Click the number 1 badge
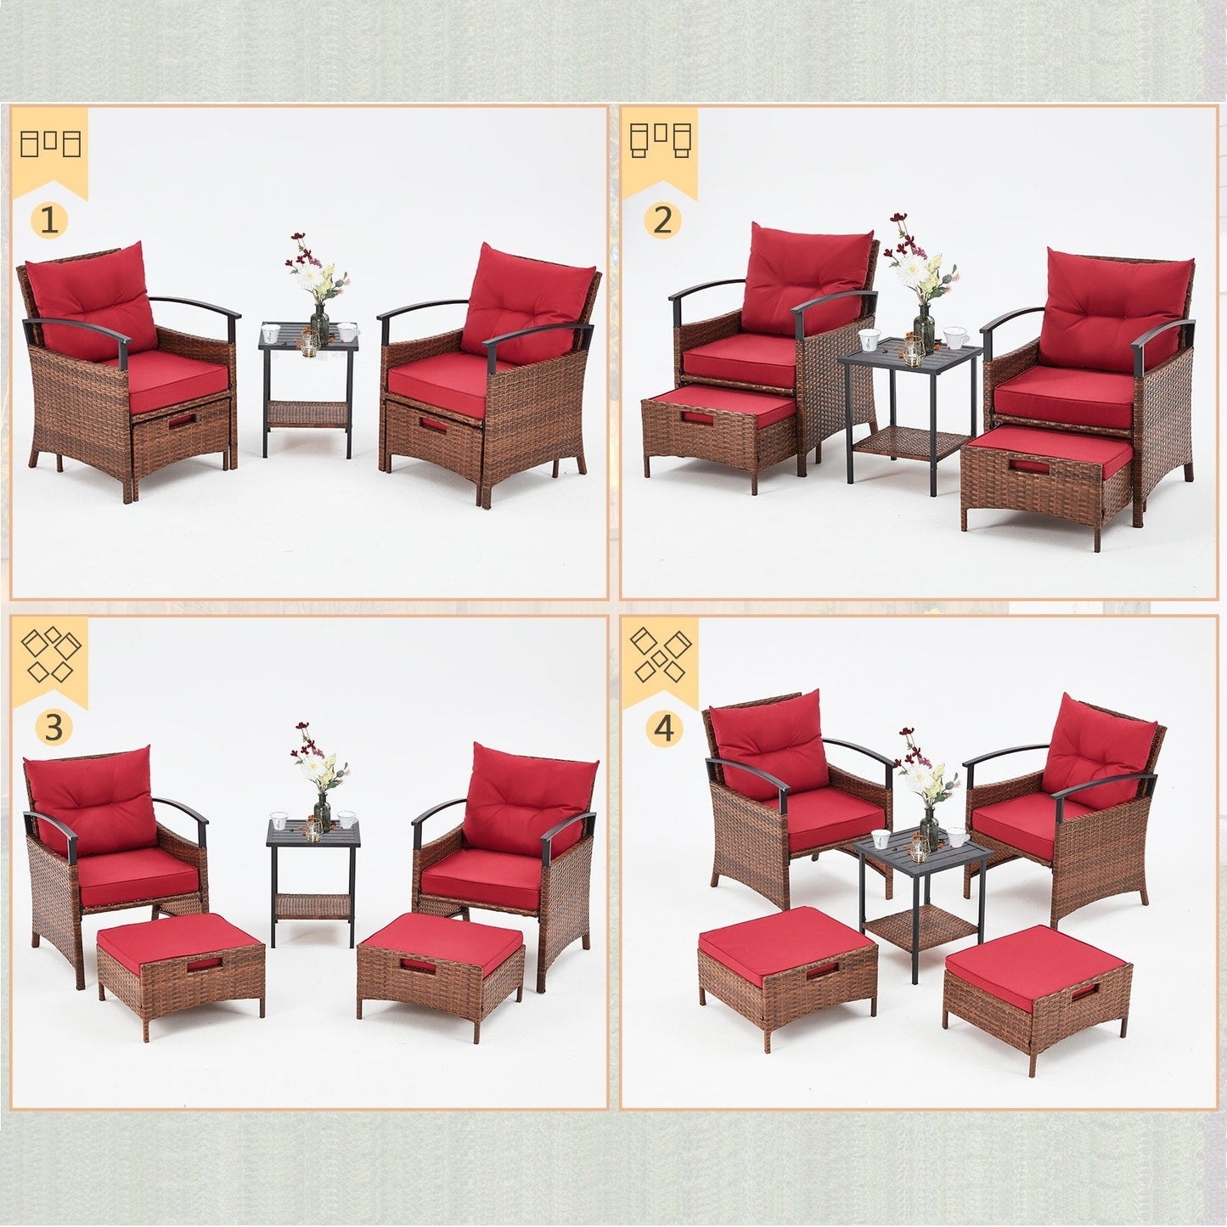tap(49, 221)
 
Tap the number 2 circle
tap(662, 221)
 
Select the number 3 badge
tap(53, 727)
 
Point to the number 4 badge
tap(663, 728)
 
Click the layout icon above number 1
tap(50, 144)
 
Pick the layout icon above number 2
tap(661, 141)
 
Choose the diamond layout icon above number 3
tap(51, 655)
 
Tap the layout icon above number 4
tap(661, 655)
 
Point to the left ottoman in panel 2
tap(718, 424)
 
